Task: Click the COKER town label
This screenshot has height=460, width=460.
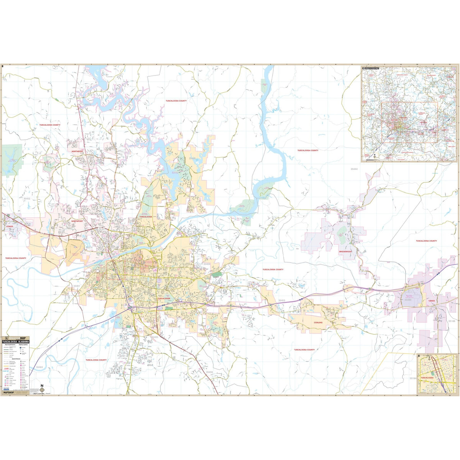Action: tap(10, 227)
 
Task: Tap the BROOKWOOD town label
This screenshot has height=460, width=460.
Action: tap(345, 251)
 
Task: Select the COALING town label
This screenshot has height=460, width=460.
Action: tap(318, 323)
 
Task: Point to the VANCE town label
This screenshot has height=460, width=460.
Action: tap(432, 302)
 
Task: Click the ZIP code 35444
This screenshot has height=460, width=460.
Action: tap(354, 169)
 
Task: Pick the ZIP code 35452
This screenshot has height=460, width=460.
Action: tap(26, 199)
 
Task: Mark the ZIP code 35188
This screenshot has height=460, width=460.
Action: tap(452, 321)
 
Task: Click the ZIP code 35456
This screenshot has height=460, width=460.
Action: tap(209, 372)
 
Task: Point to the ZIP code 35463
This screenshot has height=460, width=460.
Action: tap(39, 367)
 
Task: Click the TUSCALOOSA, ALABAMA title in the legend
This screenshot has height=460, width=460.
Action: tap(15, 341)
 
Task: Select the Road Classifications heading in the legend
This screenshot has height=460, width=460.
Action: tap(10, 344)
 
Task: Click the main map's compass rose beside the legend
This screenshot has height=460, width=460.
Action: tap(42, 390)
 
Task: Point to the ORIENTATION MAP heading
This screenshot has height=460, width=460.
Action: tap(371, 68)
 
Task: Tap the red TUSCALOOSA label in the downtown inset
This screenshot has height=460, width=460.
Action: tap(427, 378)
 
